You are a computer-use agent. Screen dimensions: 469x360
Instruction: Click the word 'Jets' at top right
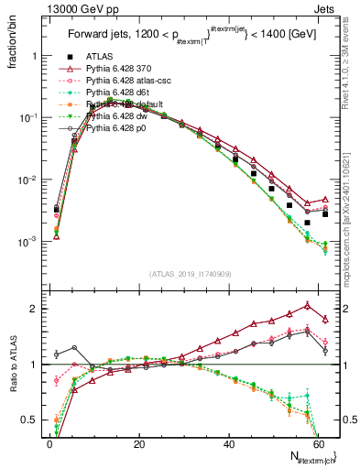tap(330, 8)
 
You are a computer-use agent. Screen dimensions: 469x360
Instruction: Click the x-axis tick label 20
tap(138, 443)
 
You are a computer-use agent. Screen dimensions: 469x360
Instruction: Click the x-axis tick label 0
tap(49, 443)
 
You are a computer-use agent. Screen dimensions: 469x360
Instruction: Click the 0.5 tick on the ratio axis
tap(32, 420)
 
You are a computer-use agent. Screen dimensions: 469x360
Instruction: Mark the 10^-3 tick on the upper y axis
tap(27, 242)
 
